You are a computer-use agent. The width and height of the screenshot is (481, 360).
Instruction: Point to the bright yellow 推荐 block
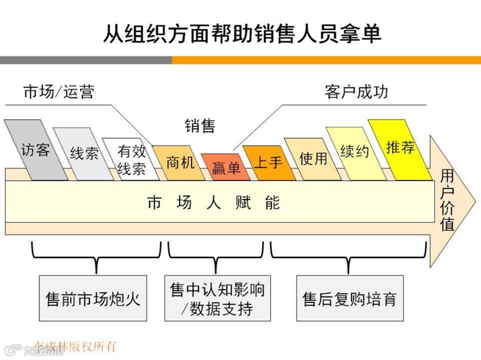click(x=400, y=147)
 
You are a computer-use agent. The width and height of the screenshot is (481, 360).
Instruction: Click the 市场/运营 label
click(x=59, y=92)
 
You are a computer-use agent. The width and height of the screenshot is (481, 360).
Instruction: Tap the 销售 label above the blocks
click(x=200, y=126)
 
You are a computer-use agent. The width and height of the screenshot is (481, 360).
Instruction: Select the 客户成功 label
click(x=357, y=92)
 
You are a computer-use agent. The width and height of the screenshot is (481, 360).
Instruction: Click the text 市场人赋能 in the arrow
click(x=213, y=202)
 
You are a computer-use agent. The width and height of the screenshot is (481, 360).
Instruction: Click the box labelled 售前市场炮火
click(x=93, y=297)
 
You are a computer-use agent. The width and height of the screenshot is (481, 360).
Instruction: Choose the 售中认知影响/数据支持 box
click(x=218, y=298)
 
